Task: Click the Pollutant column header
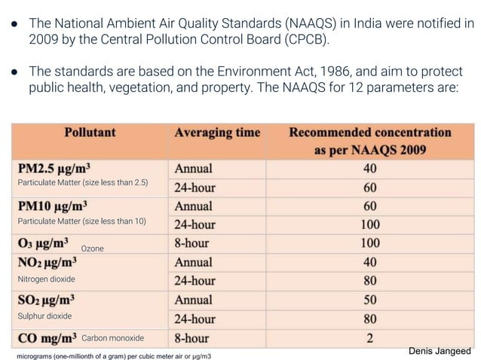(90, 133)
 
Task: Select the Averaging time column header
(217, 133)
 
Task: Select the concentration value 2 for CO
(369, 337)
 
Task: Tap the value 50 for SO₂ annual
(369, 300)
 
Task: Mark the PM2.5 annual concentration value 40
(369, 168)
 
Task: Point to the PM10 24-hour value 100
(369, 224)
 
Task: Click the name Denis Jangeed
(439, 351)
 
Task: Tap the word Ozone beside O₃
(92, 248)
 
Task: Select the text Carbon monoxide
(112, 337)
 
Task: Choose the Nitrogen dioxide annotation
(46, 279)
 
